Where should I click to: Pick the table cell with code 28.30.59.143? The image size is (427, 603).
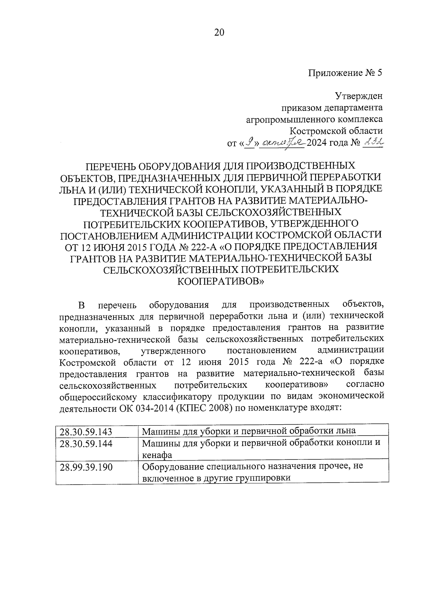coord(86,432)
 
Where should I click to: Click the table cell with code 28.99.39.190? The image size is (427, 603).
coord(86,467)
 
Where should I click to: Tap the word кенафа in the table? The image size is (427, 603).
coord(157,455)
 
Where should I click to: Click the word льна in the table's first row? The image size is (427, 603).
coord(346,431)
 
